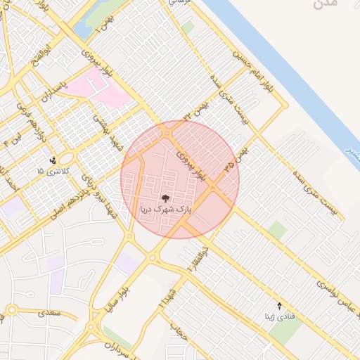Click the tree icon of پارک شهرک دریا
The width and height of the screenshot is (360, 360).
point(165,198)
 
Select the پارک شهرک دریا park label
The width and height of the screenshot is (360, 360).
point(166,210)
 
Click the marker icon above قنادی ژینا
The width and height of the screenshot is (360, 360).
point(280,305)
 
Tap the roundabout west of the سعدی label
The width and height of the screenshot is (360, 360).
point(11,310)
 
